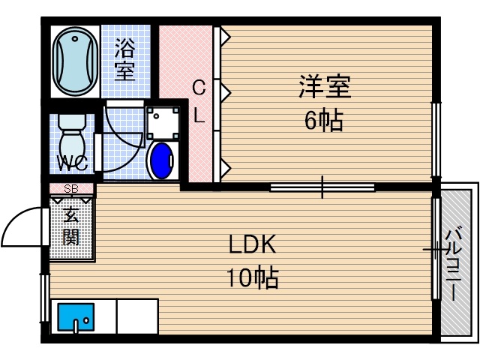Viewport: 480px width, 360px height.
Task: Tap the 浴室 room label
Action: point(124,60)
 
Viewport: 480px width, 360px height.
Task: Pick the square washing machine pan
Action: point(163,119)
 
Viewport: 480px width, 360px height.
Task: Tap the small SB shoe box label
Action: point(71,188)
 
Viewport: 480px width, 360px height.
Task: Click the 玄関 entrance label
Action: point(71,226)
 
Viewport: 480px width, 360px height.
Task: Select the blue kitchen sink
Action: point(76,318)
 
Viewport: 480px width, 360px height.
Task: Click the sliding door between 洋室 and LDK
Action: point(322,187)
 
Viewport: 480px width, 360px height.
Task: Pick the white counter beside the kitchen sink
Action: point(137,316)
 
